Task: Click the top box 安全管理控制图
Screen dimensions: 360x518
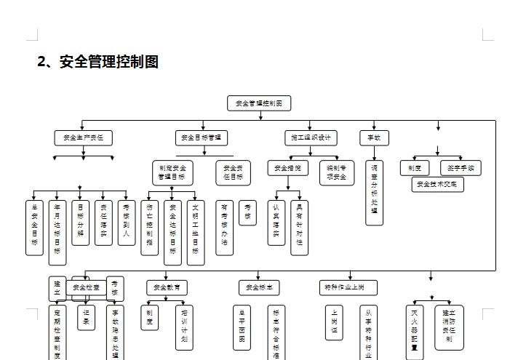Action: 259,103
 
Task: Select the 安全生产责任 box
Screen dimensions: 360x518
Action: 84,137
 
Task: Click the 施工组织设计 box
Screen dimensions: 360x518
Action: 311,137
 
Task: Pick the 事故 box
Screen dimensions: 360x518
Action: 374,137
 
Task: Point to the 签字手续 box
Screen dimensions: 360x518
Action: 461,168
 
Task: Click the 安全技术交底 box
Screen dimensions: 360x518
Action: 437,184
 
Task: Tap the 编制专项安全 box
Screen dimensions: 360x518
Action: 336,172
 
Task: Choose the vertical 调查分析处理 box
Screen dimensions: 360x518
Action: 375,193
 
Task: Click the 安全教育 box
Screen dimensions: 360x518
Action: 167,287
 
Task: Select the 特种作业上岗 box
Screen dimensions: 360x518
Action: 348,287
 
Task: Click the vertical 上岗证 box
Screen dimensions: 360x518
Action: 334,321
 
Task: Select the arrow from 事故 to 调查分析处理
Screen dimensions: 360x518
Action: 374,153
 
